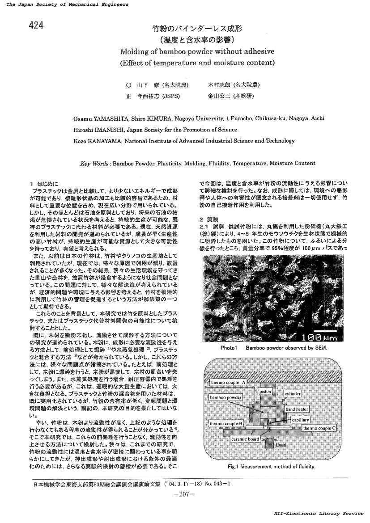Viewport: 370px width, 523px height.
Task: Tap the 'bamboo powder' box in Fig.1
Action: pyautogui.click(x=226, y=397)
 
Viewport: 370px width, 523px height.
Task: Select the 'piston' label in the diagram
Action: pyautogui.click(x=265, y=391)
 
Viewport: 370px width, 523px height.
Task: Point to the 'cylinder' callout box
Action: pyautogui.click(x=293, y=394)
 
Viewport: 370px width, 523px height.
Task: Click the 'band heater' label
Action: pyautogui.click(x=297, y=409)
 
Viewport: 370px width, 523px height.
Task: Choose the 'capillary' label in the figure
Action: pyautogui.click(x=300, y=420)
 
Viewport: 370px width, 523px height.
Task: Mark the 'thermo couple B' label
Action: pyautogui.click(x=226, y=423)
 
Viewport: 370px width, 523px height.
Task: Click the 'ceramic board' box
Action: pyautogui.click(x=245, y=439)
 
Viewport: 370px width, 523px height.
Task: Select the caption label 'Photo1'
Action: pyautogui.click(x=228, y=348)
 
